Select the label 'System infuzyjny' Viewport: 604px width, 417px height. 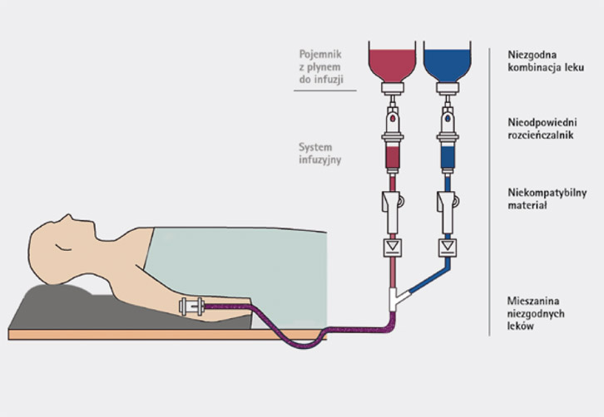pyautogui.click(x=320, y=155)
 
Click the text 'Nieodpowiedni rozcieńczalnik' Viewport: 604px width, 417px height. pyautogui.click(x=542, y=128)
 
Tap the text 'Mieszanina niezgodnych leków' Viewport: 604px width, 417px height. pyautogui.click(x=537, y=312)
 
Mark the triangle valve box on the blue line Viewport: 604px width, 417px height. pyautogui.click(x=448, y=247)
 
